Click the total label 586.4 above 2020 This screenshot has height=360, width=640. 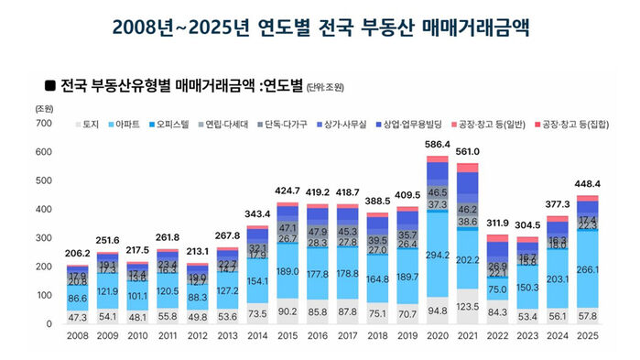(437, 146)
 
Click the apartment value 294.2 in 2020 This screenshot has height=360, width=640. (437, 254)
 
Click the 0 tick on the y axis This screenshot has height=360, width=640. (49, 324)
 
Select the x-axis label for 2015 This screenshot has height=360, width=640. (287, 337)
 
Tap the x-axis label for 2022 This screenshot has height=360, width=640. (497, 337)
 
